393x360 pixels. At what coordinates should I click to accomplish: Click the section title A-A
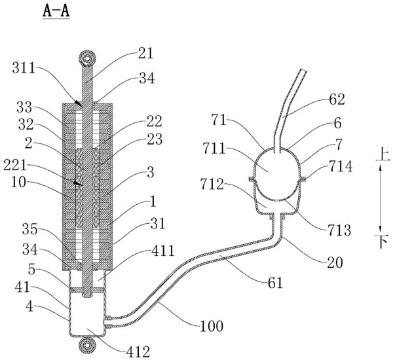[56, 12]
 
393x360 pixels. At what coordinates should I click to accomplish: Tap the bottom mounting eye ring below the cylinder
[87, 346]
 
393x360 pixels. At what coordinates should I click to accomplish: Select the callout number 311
[24, 67]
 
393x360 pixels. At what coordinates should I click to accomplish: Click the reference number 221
[15, 166]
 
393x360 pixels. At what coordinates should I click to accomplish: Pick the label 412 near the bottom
[138, 352]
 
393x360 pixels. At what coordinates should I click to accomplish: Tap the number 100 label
[212, 326]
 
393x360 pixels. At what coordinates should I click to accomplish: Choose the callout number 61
[275, 283]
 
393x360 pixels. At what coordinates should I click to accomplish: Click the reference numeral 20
[335, 262]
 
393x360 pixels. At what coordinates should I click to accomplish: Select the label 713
[339, 230]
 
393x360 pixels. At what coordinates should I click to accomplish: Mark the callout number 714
[341, 166]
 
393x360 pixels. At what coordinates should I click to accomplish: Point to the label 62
[337, 99]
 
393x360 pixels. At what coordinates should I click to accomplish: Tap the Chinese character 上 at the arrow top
[383, 154]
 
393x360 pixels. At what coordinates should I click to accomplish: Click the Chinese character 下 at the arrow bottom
[381, 241]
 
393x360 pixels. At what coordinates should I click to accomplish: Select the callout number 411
[162, 251]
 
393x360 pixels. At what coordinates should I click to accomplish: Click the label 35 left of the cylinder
[30, 229]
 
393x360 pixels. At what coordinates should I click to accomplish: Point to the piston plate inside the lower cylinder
[87, 289]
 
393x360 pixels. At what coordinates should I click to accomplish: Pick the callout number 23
[155, 139]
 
